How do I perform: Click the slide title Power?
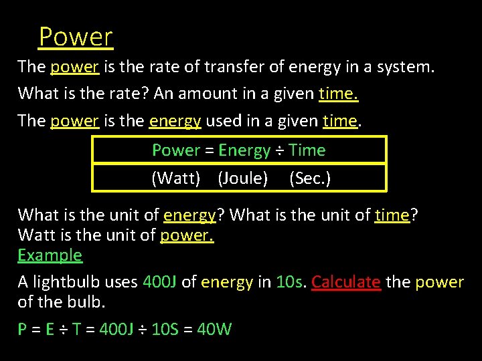click(76, 36)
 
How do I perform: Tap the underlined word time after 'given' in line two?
click(338, 94)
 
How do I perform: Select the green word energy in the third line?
click(175, 122)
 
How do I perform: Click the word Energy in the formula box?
click(244, 150)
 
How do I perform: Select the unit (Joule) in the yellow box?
click(243, 178)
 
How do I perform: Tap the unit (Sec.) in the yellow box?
click(310, 178)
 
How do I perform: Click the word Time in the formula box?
click(307, 150)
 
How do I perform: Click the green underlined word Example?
click(50, 255)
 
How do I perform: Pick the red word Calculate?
click(345, 282)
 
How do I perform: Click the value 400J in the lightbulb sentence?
click(159, 282)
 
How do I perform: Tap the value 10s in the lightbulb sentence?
click(289, 282)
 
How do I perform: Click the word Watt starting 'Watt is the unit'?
click(36, 235)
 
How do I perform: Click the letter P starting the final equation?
click(23, 329)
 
